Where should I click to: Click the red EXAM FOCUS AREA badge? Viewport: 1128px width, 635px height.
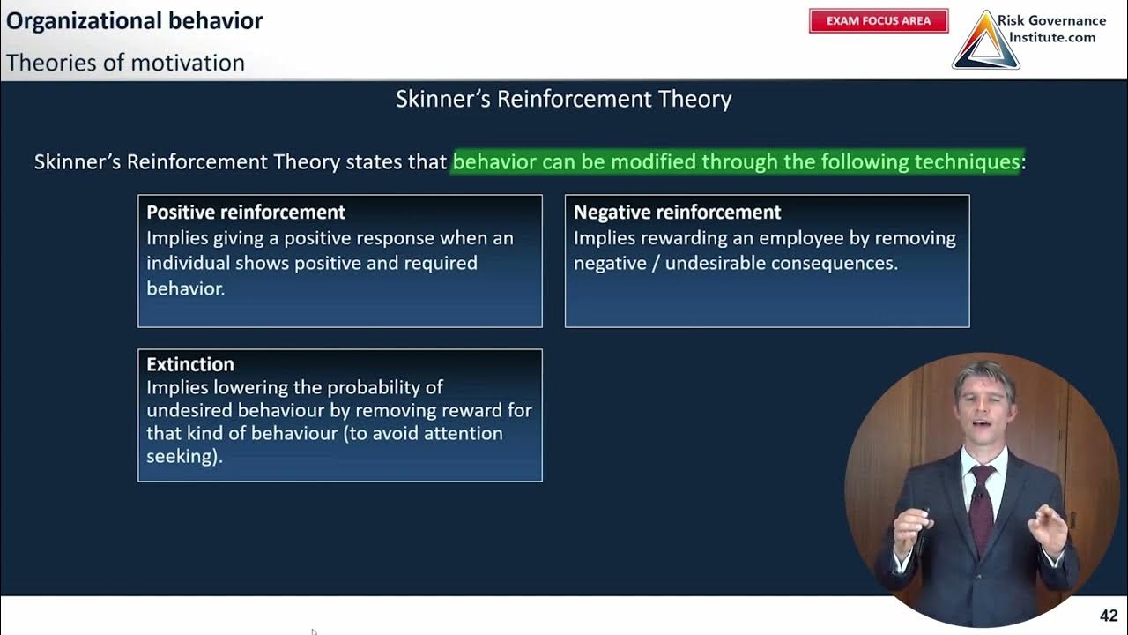click(879, 21)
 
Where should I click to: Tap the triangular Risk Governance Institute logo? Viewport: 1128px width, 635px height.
click(985, 42)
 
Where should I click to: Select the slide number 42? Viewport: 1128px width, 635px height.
click(1109, 616)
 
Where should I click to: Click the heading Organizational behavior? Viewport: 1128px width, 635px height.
click(135, 21)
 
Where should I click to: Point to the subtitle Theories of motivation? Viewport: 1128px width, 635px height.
click(125, 63)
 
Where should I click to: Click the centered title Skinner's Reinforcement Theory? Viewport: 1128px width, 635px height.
click(563, 99)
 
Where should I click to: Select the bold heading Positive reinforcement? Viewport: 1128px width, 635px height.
click(246, 212)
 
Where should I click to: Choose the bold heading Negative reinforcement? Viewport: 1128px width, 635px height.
click(677, 212)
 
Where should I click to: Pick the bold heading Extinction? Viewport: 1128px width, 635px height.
click(190, 364)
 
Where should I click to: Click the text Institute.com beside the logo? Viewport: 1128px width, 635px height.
click(1051, 37)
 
